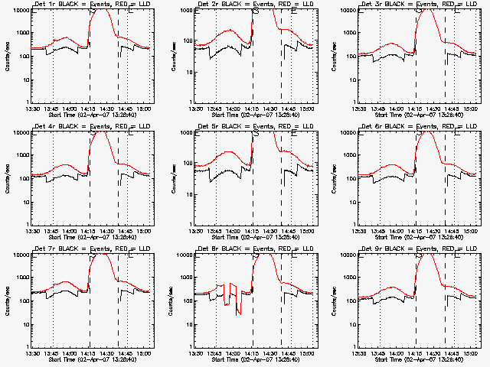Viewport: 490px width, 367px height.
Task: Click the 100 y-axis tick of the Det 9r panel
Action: point(348,301)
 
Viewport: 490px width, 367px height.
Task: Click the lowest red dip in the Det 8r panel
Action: point(240,312)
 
